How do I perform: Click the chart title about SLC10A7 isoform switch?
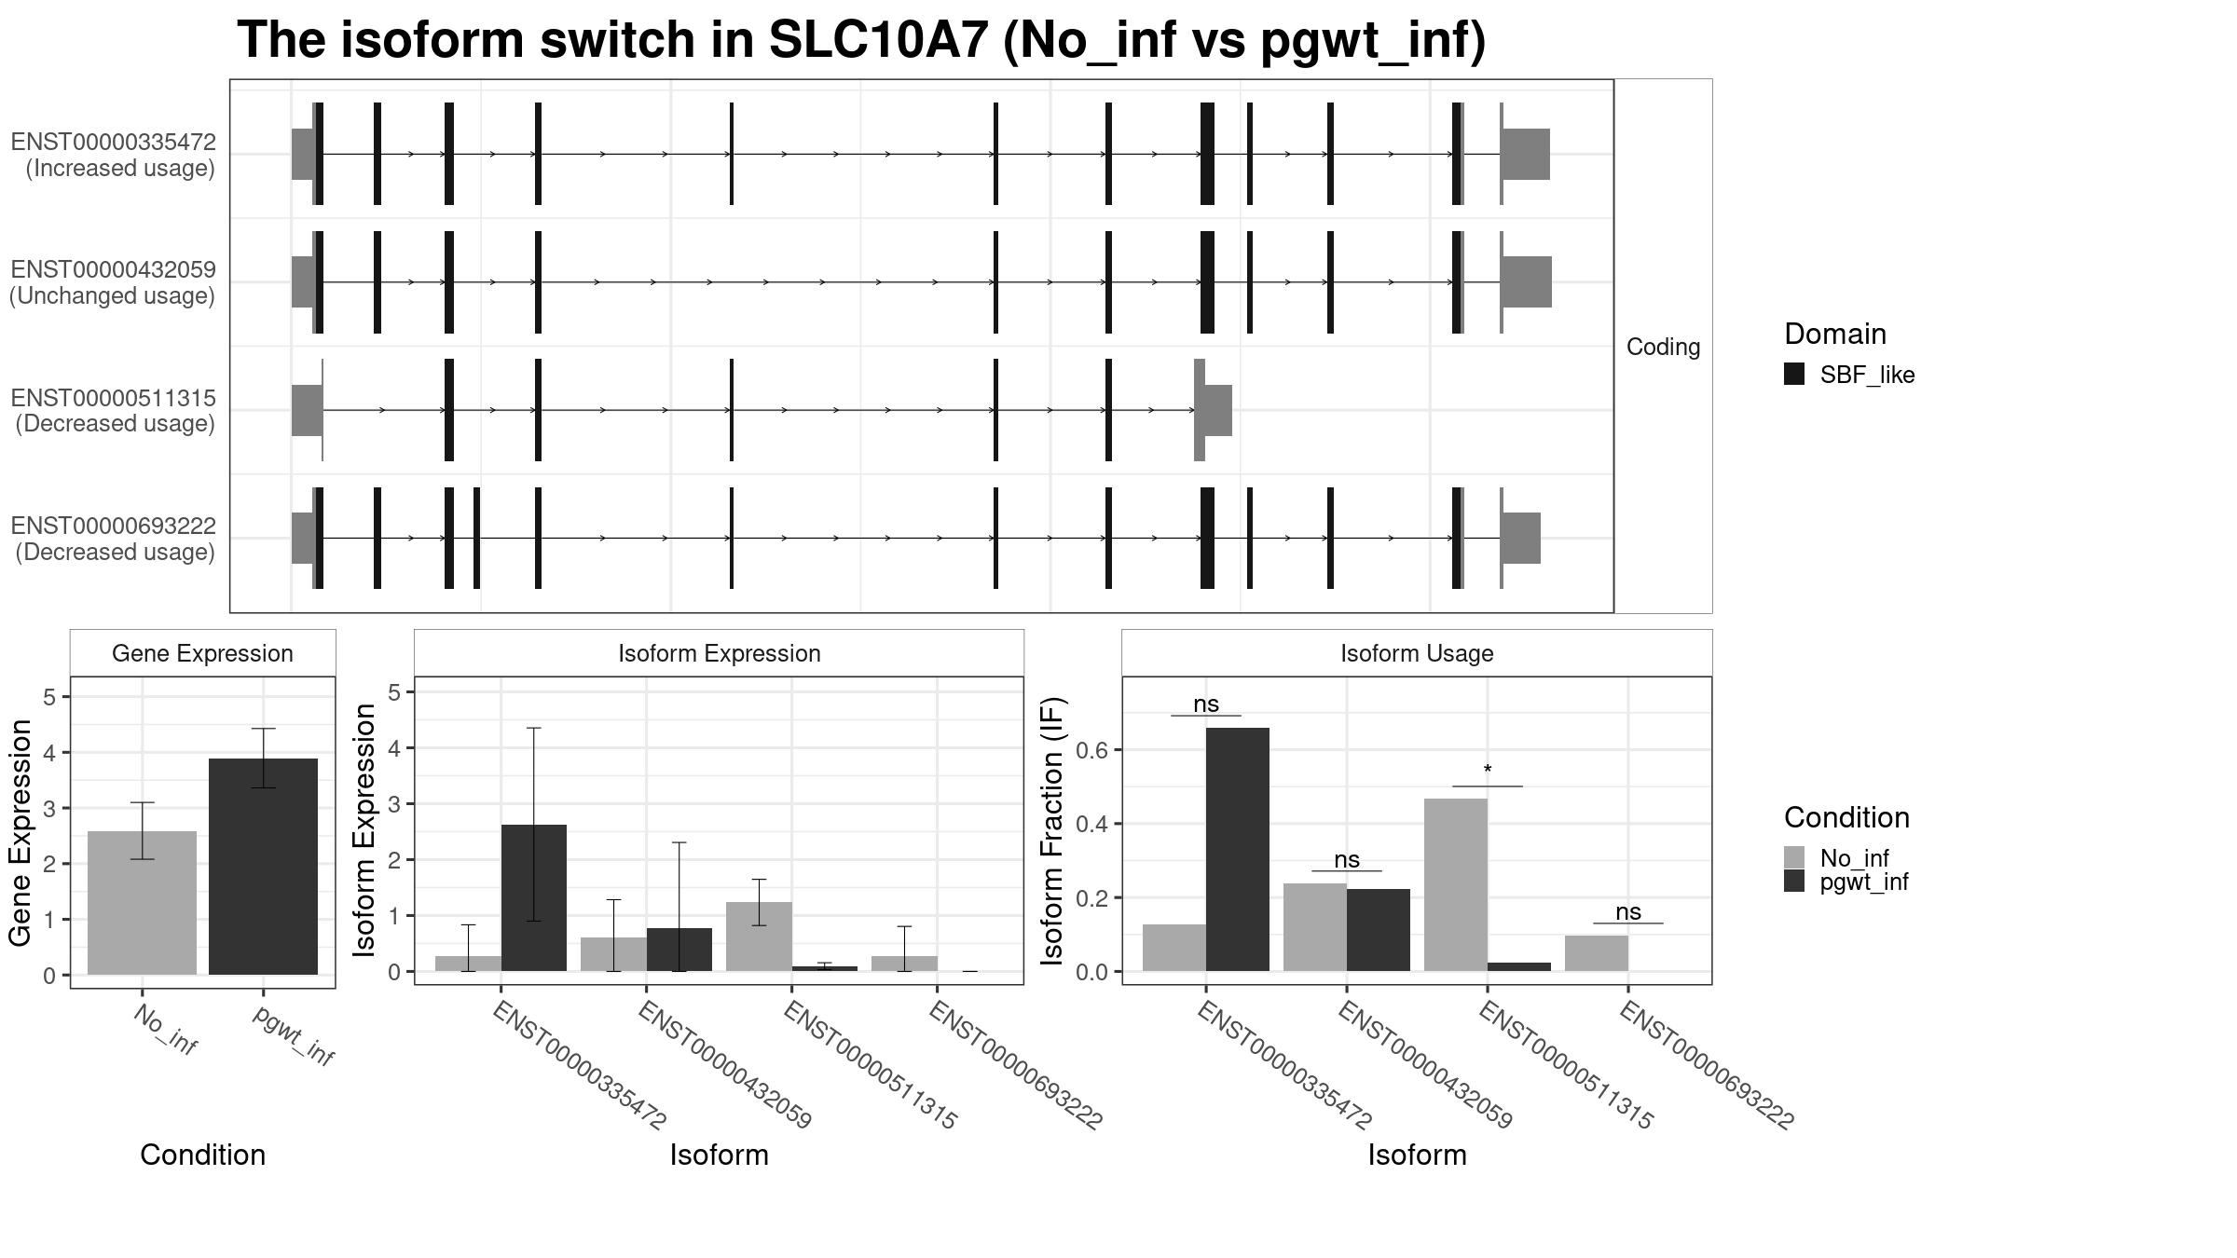[x=861, y=41]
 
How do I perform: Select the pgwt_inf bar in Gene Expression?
[x=263, y=867]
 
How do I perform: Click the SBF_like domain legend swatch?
[x=1794, y=375]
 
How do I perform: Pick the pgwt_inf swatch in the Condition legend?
[x=1794, y=882]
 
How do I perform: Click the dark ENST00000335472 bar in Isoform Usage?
[x=1237, y=848]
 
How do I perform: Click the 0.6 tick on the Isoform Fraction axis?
[x=1093, y=750]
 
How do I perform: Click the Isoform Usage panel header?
[x=1417, y=653]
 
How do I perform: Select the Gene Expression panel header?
[x=202, y=653]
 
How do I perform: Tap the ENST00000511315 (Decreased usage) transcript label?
[x=115, y=411]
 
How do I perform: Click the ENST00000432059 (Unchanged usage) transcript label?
[x=113, y=282]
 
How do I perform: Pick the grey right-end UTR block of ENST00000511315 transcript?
[x=1216, y=410]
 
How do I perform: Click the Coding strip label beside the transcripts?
[x=1663, y=347]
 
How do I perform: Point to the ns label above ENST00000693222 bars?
[x=1627, y=912]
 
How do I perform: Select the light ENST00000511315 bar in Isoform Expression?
[x=759, y=936]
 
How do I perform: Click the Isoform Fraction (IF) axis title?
[x=1053, y=830]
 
